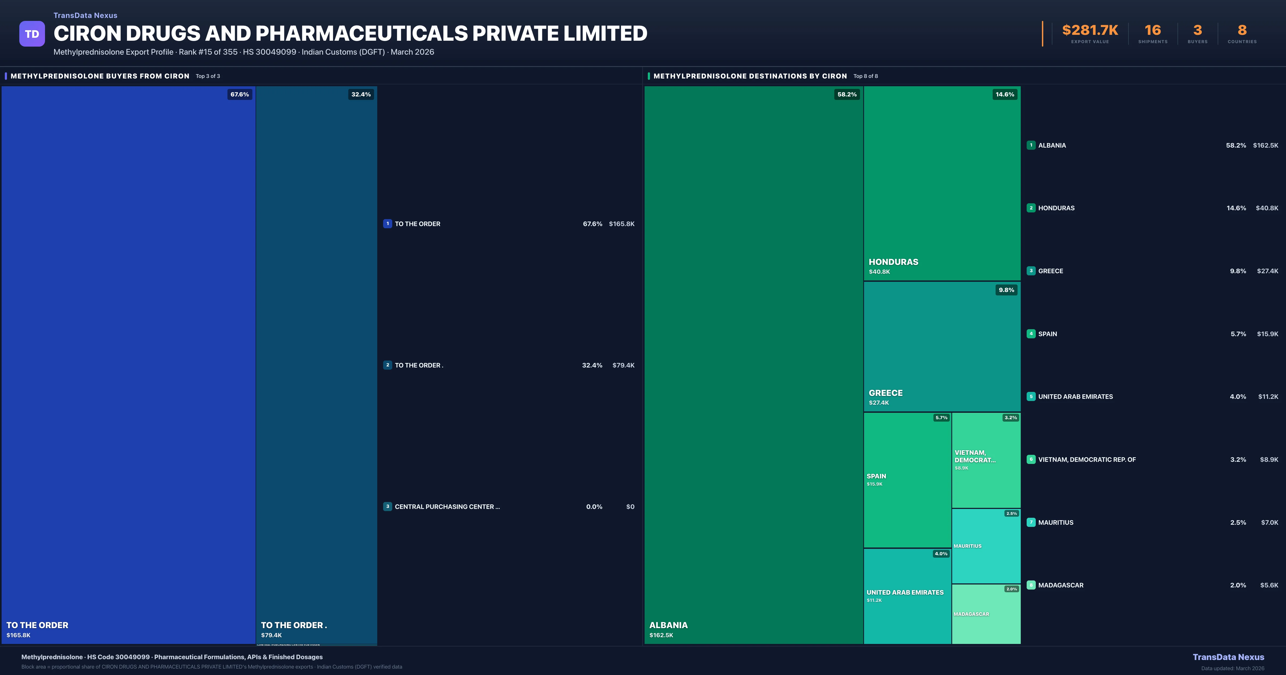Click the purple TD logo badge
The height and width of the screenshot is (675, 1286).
click(x=32, y=34)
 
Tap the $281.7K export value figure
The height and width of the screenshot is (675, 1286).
click(x=1090, y=31)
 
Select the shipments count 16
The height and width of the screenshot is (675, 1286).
click(x=1153, y=31)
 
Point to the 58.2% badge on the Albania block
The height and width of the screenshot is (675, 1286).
click(x=847, y=94)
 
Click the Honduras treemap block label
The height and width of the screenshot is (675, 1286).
click(x=893, y=262)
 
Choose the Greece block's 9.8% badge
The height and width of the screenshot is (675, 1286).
click(x=1006, y=290)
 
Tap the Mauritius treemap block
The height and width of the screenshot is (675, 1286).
click(x=986, y=546)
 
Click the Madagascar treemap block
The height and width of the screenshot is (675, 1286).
click(x=986, y=614)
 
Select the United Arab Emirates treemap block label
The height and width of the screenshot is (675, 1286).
click(x=904, y=592)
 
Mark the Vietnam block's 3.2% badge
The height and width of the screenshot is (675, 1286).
click(x=1010, y=418)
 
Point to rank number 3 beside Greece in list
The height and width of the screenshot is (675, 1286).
click(x=1031, y=271)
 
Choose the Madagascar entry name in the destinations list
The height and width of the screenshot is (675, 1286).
click(x=1060, y=585)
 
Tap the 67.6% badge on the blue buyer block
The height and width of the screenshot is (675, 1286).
click(x=239, y=94)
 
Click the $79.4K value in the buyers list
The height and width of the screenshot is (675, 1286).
click(x=623, y=365)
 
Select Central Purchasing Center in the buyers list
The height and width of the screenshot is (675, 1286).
click(x=447, y=507)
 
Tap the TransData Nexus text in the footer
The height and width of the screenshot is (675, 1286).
click(x=1228, y=657)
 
